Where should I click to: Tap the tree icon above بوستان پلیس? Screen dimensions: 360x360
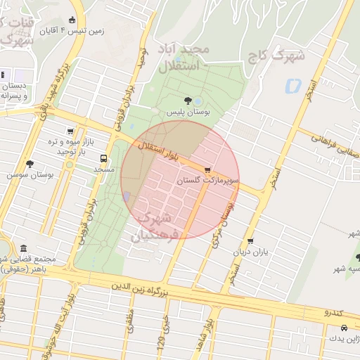click(x=188, y=101)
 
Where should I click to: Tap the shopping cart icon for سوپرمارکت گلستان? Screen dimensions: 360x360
click(x=207, y=169)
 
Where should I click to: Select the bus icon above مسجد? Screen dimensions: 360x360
click(x=104, y=158)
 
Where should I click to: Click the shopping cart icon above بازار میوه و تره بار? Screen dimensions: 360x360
click(x=70, y=131)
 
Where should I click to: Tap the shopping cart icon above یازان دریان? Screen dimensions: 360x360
click(x=251, y=241)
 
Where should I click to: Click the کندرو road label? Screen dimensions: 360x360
click(x=333, y=311)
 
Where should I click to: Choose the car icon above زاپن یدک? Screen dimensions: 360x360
click(x=343, y=328)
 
